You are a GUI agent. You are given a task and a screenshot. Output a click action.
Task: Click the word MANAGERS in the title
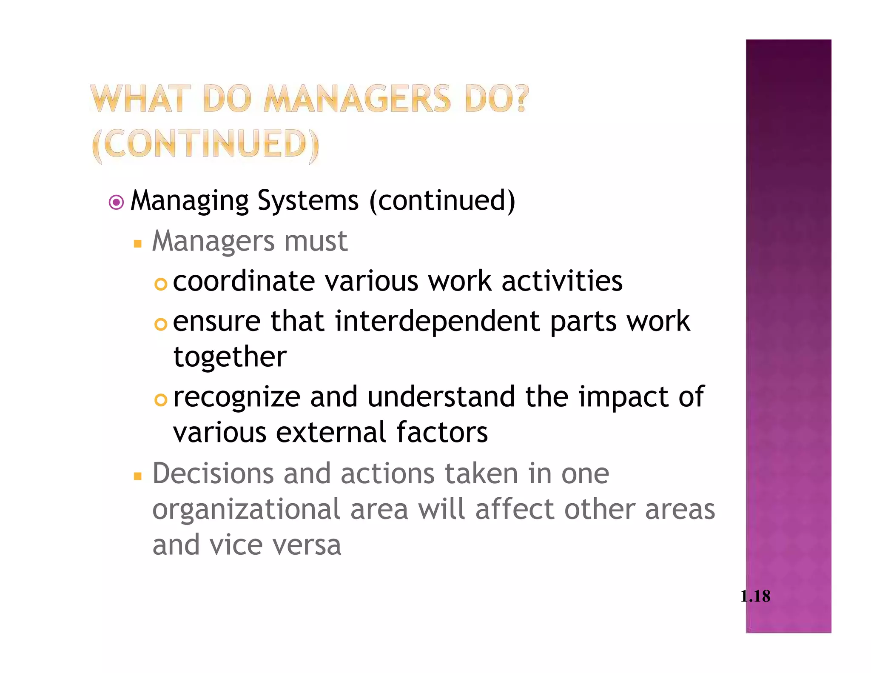click(x=357, y=99)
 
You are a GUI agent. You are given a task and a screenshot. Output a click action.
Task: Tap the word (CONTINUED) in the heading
click(x=205, y=145)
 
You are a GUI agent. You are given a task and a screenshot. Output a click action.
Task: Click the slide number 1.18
click(x=755, y=596)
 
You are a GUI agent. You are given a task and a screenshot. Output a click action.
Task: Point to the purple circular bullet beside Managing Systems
click(x=116, y=202)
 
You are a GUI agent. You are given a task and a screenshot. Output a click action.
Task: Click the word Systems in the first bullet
click(x=308, y=200)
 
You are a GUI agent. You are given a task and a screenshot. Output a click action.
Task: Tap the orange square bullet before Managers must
click(x=137, y=244)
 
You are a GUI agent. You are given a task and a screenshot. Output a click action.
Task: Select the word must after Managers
click(x=316, y=241)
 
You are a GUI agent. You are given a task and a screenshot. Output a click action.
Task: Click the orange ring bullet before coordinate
click(x=161, y=284)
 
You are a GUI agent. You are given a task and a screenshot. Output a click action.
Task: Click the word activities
click(x=562, y=281)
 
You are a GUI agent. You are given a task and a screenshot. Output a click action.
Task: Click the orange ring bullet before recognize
click(x=161, y=400)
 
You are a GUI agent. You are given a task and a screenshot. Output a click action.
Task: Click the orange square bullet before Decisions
click(x=137, y=476)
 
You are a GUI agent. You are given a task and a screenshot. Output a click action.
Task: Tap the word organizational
click(x=246, y=510)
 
